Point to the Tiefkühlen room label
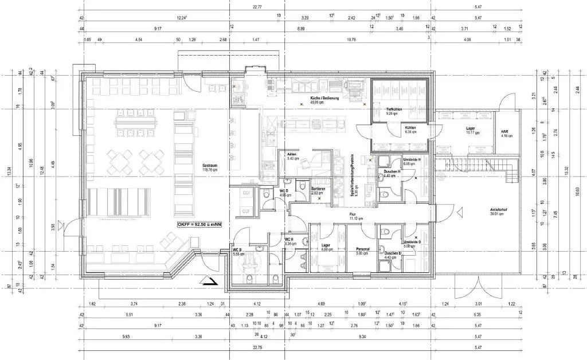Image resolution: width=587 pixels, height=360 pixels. (393, 110)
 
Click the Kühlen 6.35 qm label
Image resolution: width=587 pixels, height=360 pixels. (410, 130)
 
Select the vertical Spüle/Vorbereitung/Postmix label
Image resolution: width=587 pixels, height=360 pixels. (355, 178)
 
